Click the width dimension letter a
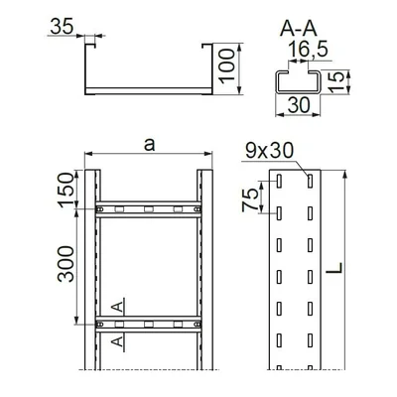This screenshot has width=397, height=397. pos(149,145)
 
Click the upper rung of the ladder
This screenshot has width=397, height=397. pos(149,209)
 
